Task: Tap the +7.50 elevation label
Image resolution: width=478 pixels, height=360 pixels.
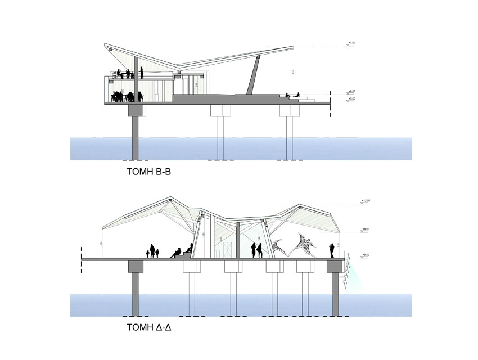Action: [x=353, y=43]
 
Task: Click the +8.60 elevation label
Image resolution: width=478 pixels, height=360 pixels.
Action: [x=353, y=229]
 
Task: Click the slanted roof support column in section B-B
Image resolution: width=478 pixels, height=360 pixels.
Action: [x=254, y=76]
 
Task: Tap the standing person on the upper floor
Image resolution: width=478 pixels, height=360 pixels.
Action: [x=142, y=73]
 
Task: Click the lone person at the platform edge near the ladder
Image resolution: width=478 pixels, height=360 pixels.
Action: [x=332, y=250]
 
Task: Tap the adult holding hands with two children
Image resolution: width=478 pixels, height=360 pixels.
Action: [x=152, y=251]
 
